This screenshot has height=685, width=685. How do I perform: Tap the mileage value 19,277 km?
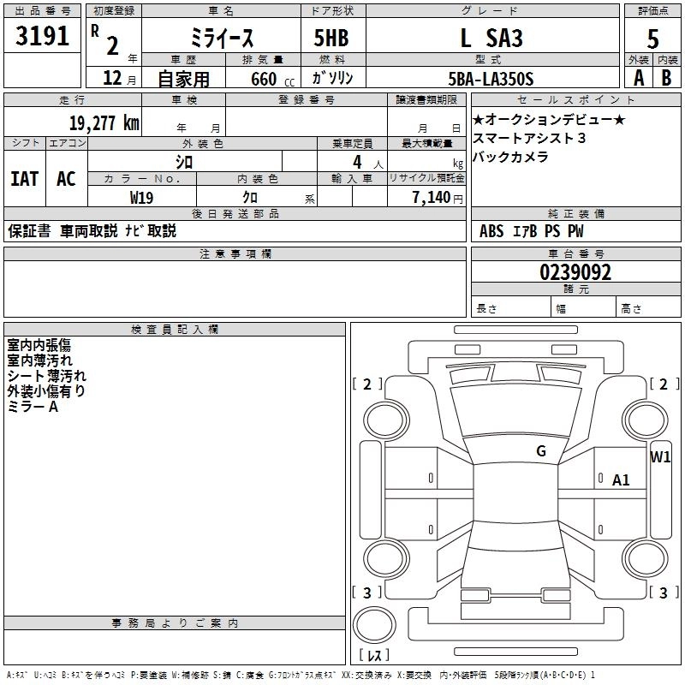(x=104, y=122)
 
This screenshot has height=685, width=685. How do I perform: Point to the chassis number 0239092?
(x=575, y=272)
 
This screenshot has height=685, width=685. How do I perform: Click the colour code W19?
(x=142, y=198)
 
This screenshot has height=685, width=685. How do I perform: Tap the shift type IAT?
(x=24, y=179)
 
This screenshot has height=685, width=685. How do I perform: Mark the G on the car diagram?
(x=541, y=451)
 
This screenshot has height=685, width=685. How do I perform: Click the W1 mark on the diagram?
(x=660, y=456)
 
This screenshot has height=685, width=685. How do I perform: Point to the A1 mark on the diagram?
(x=621, y=480)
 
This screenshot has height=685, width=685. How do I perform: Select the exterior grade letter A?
(x=639, y=78)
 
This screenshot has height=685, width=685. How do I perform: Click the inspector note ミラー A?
(x=33, y=407)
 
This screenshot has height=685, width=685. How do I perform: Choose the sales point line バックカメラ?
(x=510, y=157)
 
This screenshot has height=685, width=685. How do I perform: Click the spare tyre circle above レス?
(x=374, y=625)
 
